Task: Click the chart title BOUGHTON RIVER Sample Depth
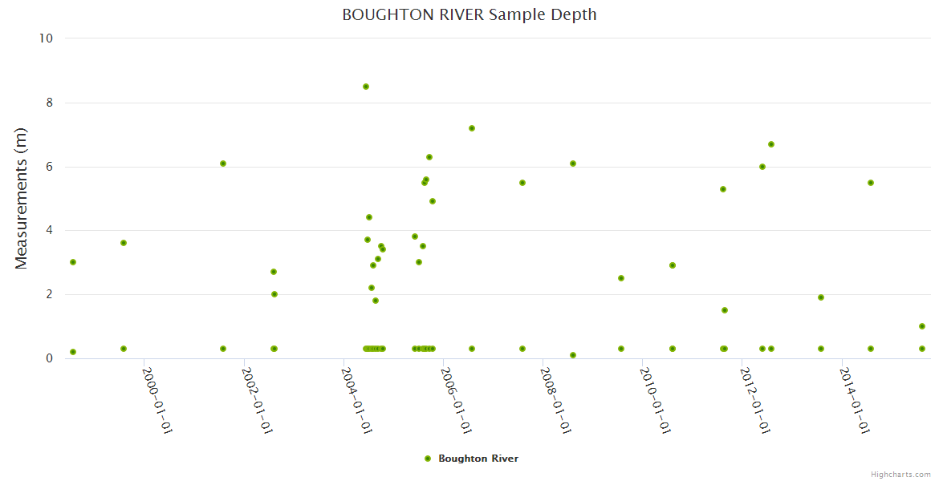[469, 14]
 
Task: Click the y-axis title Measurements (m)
[22, 198]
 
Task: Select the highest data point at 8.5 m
[366, 87]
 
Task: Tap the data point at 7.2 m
[472, 128]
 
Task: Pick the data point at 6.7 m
[771, 144]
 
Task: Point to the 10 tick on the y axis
[47, 38]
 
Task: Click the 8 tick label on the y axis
[50, 103]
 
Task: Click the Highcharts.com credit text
[900, 474]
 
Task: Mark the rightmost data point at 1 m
[922, 326]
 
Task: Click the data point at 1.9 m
[821, 297]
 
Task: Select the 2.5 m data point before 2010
[621, 278]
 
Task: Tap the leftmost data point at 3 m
[73, 262]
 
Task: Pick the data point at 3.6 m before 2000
[124, 243]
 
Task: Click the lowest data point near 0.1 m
[573, 355]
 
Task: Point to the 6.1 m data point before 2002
[223, 164]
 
